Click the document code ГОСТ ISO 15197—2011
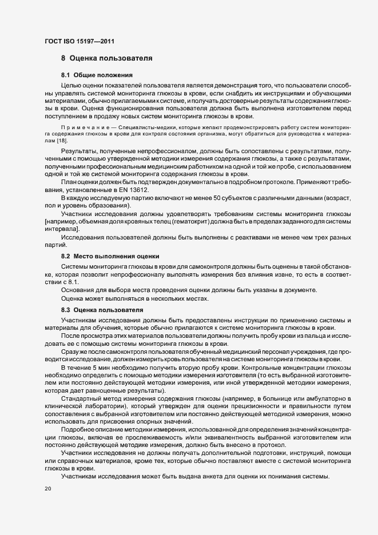(x=82, y=41)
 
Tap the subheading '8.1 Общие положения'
(x=97, y=75)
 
